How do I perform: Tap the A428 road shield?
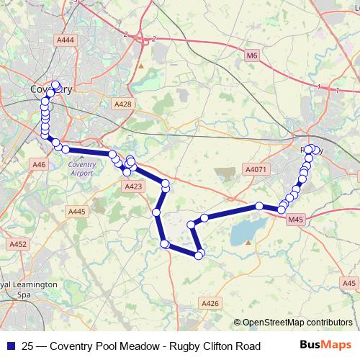pyautogui.click(x=123, y=104)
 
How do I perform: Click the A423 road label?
pyautogui.click(x=132, y=186)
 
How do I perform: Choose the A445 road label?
pyautogui.click(x=76, y=212)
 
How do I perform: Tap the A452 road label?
pyautogui.click(x=18, y=245)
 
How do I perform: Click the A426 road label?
pyautogui.click(x=210, y=305)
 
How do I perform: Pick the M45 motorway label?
pyautogui.click(x=295, y=220)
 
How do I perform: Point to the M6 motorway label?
pyautogui.click(x=251, y=55)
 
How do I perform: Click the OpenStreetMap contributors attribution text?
pyautogui.click(x=297, y=323)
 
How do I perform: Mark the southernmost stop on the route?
pyautogui.click(x=199, y=254)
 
